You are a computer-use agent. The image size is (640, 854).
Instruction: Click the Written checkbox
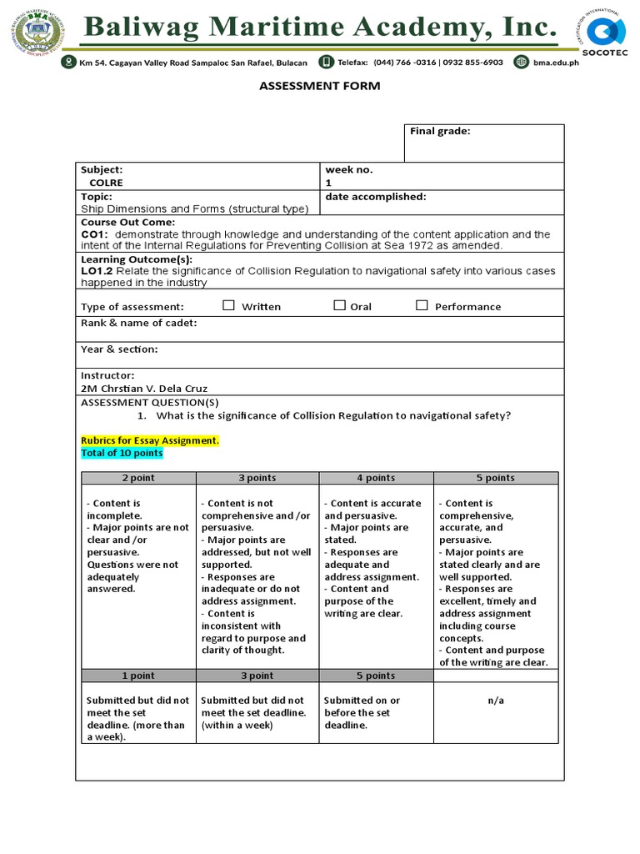(x=228, y=305)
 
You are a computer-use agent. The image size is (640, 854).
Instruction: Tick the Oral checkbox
(x=339, y=305)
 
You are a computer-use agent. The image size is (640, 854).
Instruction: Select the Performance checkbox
(x=422, y=305)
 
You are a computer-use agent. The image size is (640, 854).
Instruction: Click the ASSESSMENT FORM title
(x=319, y=86)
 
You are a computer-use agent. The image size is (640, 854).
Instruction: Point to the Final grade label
(x=440, y=131)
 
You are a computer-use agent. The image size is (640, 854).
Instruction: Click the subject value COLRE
(x=106, y=183)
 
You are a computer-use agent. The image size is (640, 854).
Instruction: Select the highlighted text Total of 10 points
(x=122, y=453)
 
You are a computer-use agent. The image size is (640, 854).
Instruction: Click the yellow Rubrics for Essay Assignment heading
(x=150, y=440)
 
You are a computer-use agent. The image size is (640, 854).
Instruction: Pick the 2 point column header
(x=138, y=478)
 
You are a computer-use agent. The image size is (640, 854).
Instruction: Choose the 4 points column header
(x=376, y=478)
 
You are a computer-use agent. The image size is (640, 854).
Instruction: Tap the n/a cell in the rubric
(x=496, y=701)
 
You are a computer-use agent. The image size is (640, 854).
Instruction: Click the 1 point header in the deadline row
(x=138, y=676)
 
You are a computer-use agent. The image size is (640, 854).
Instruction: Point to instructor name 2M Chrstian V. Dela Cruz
(x=144, y=389)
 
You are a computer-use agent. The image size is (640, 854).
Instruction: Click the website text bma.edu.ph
(x=556, y=63)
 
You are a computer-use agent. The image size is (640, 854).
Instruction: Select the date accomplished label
(x=376, y=197)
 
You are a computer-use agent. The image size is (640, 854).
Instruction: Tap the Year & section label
(x=119, y=349)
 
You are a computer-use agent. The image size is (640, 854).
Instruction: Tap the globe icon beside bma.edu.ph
(x=522, y=62)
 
